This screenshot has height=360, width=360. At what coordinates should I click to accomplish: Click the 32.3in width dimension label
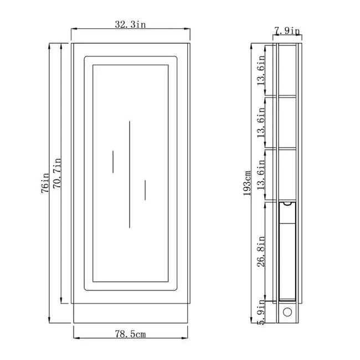[x=130, y=24]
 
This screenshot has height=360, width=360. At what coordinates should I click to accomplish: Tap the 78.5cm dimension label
[x=130, y=334]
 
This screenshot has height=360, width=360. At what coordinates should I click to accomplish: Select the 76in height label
[x=45, y=183]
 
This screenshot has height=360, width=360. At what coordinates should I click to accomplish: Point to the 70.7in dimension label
[x=57, y=173]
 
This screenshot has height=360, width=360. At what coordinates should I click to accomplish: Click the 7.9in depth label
[x=287, y=31]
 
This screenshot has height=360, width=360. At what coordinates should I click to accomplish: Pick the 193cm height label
[x=247, y=183]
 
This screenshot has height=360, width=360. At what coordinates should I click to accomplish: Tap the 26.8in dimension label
[x=261, y=251]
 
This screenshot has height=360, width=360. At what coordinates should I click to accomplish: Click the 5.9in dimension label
[x=261, y=312]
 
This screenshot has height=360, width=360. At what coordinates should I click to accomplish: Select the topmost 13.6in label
[x=261, y=70]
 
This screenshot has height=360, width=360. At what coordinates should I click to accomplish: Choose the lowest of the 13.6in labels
[x=261, y=174]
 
